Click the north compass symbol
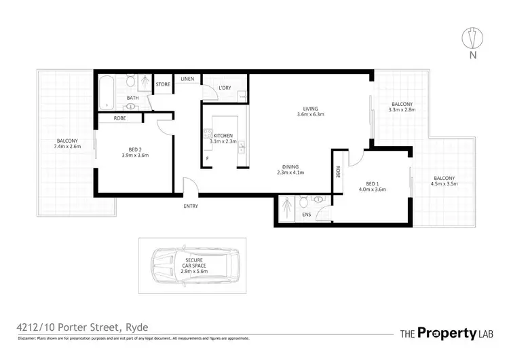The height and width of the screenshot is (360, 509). coord(469,37)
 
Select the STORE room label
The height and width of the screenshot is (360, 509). coord(163,84)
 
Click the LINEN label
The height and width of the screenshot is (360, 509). coord(187,79)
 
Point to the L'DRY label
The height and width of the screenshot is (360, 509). coord(226,87)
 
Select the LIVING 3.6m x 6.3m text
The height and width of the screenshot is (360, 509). coord(312,111)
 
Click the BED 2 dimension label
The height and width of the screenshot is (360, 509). coord(134,152)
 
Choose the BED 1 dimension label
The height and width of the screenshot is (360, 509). coord(375,186)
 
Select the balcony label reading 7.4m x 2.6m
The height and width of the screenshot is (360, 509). coord(67,143)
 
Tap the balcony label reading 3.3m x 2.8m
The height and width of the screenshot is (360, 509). coord(400,107)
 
